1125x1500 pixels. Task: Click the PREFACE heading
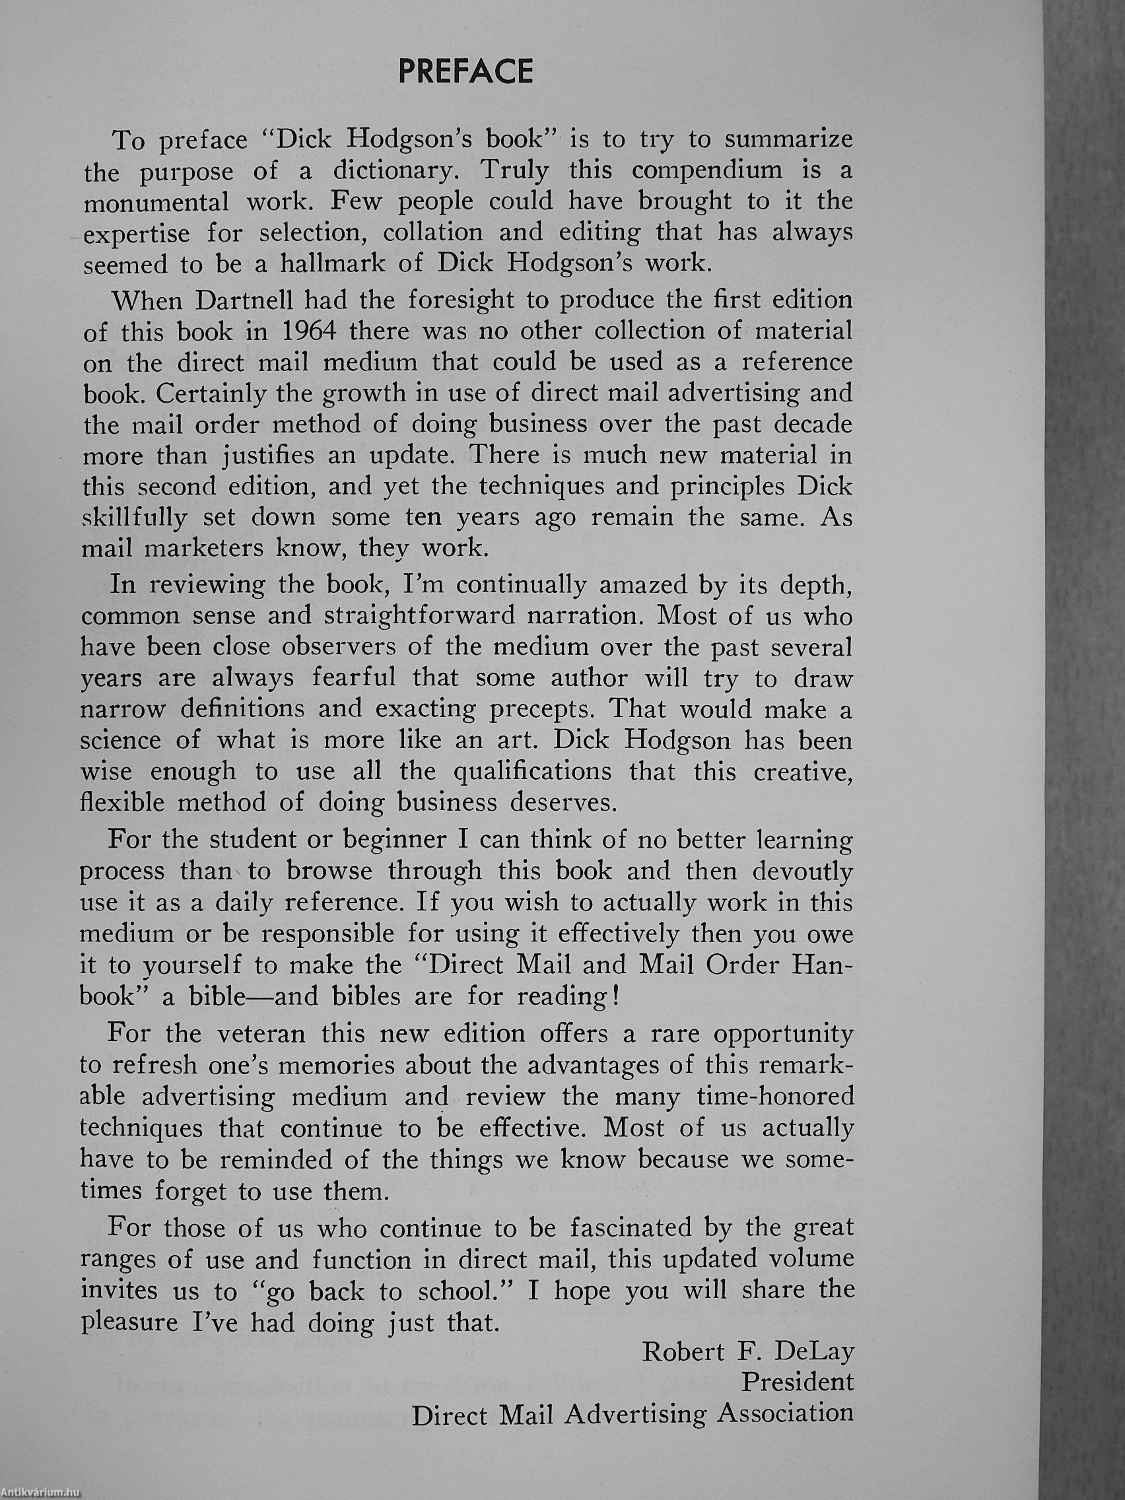pos(466,72)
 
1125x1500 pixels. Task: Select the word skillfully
pos(133,518)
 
